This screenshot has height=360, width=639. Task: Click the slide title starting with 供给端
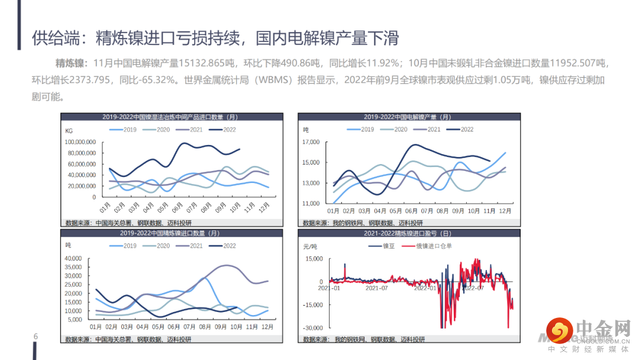(x=215, y=38)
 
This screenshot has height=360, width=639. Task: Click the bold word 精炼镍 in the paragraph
(x=71, y=63)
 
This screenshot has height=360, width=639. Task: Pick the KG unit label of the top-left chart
(x=69, y=130)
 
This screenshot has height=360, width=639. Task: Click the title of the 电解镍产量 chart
(x=407, y=117)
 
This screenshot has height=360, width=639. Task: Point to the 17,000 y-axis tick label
(x=311, y=142)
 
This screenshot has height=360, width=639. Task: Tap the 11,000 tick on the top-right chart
(x=311, y=203)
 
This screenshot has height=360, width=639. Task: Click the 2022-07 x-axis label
(x=473, y=288)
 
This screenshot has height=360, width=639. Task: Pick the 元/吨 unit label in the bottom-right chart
(x=311, y=246)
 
